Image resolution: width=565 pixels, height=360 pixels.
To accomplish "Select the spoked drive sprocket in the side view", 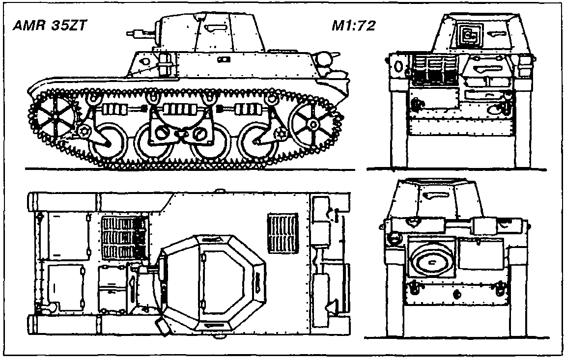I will (53, 115).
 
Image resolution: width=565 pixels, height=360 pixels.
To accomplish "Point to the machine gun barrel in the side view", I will (135, 34).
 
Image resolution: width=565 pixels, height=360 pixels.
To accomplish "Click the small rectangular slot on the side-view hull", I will (226, 59).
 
